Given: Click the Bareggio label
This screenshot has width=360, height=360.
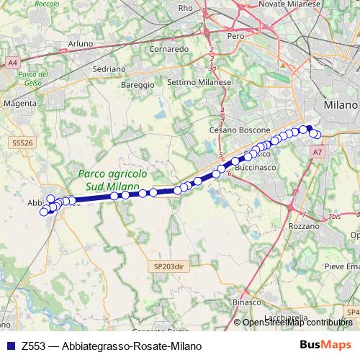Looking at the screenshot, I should point(138,84).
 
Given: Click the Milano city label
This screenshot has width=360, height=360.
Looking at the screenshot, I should point(341,105).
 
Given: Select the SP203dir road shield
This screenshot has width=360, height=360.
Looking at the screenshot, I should point(169,266).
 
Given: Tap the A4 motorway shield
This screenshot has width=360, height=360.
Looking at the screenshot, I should point(13,63).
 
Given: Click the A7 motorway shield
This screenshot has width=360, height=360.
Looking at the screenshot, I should point(318,152).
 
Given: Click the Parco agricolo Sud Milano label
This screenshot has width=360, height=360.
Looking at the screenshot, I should point(113,180).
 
